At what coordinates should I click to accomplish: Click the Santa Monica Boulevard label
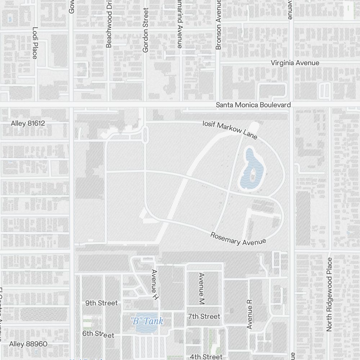[253, 105]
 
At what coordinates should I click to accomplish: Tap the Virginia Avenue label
[295, 63]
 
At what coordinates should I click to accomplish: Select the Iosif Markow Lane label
[230, 130]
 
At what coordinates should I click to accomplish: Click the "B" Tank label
[147, 321]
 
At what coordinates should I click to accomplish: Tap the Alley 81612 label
[28, 123]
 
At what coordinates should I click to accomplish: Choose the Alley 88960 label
[28, 344]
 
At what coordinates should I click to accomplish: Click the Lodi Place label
[35, 43]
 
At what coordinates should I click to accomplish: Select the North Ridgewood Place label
[329, 299]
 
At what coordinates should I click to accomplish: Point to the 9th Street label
[102, 303]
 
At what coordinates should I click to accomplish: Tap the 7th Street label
[204, 316]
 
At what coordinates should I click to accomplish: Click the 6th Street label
[98, 334]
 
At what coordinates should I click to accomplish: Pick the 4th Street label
[206, 357]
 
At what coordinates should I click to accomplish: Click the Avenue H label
[155, 285]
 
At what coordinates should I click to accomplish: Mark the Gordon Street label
[145, 30]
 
